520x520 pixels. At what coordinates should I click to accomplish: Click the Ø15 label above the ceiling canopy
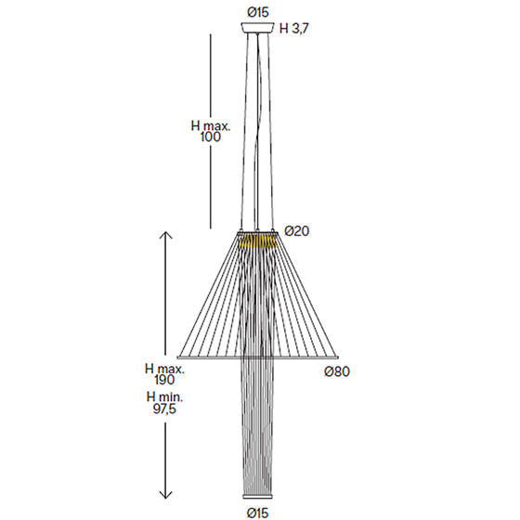(x=258, y=13)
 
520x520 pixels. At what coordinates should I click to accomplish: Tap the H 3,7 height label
(x=293, y=29)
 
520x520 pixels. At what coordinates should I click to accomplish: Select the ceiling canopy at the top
(x=258, y=28)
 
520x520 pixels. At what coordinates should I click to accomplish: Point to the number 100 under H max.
(x=210, y=137)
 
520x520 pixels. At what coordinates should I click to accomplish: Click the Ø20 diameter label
(x=297, y=231)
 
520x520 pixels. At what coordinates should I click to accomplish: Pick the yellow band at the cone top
(x=258, y=241)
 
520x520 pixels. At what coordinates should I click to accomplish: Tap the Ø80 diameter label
(x=337, y=371)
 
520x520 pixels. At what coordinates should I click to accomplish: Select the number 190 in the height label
(x=164, y=380)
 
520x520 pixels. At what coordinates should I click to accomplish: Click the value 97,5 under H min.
(x=164, y=409)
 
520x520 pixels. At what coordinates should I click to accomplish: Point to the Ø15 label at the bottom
(x=258, y=513)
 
